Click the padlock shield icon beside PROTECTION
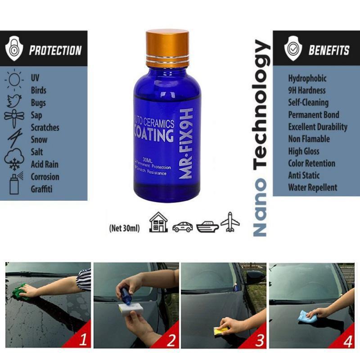14,49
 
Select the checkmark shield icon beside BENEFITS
293,49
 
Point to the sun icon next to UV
14,79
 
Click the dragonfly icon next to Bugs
14,115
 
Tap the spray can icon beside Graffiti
14,184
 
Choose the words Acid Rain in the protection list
45,164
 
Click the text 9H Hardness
307,90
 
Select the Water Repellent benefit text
312,187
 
